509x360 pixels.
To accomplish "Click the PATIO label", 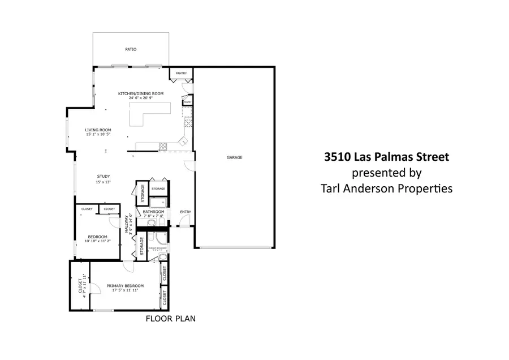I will pyautogui.click(x=131, y=49).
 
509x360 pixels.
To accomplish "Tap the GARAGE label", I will pyautogui.click(x=235, y=157).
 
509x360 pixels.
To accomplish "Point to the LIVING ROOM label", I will pyautogui.click(x=98, y=130).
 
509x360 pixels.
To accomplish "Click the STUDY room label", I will pyautogui.click(x=103, y=177).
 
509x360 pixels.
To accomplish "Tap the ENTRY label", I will pyautogui.click(x=185, y=212).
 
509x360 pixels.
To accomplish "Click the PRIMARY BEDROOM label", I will pyautogui.click(x=125, y=286).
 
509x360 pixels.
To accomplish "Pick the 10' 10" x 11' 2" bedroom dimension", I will pyautogui.click(x=97, y=241).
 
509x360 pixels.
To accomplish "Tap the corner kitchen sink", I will pyautogui.click(x=183, y=142).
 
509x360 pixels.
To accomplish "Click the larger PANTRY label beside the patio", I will pyautogui.click(x=181, y=73).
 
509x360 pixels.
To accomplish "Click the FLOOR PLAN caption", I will pyautogui.click(x=170, y=319).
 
